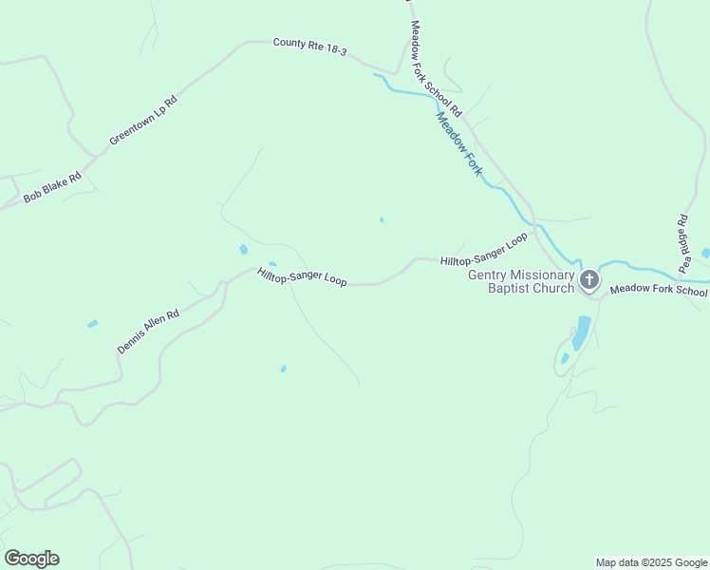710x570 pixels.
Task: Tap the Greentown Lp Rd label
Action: pyautogui.click(x=143, y=120)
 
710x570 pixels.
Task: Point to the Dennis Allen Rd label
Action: pyautogui.click(x=148, y=332)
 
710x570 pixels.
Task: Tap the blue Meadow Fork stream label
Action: pyautogui.click(x=459, y=142)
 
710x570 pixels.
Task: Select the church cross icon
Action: pyautogui.click(x=589, y=279)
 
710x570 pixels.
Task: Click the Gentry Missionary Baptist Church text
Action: pyautogui.click(x=521, y=281)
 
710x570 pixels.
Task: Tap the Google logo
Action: pyautogui.click(x=31, y=559)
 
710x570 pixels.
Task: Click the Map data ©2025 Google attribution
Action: pyautogui.click(x=651, y=562)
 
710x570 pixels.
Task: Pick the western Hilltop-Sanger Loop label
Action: pyautogui.click(x=302, y=276)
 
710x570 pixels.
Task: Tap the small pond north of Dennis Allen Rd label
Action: pyautogui.click(x=92, y=324)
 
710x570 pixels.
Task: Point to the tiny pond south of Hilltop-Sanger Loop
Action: pyautogui.click(x=283, y=369)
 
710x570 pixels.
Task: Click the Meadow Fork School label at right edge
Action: pyautogui.click(x=659, y=290)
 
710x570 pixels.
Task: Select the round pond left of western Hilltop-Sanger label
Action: pyautogui.click(x=244, y=250)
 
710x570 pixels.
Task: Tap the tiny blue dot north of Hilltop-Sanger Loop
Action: pyautogui.click(x=382, y=220)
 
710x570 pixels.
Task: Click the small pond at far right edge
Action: pyautogui.click(x=704, y=253)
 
